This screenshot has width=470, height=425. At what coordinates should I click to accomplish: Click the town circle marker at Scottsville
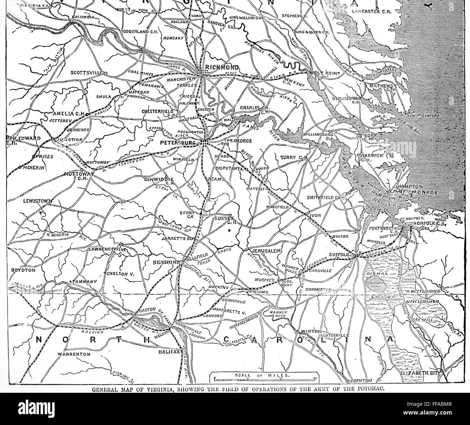[x=105, y=73]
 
